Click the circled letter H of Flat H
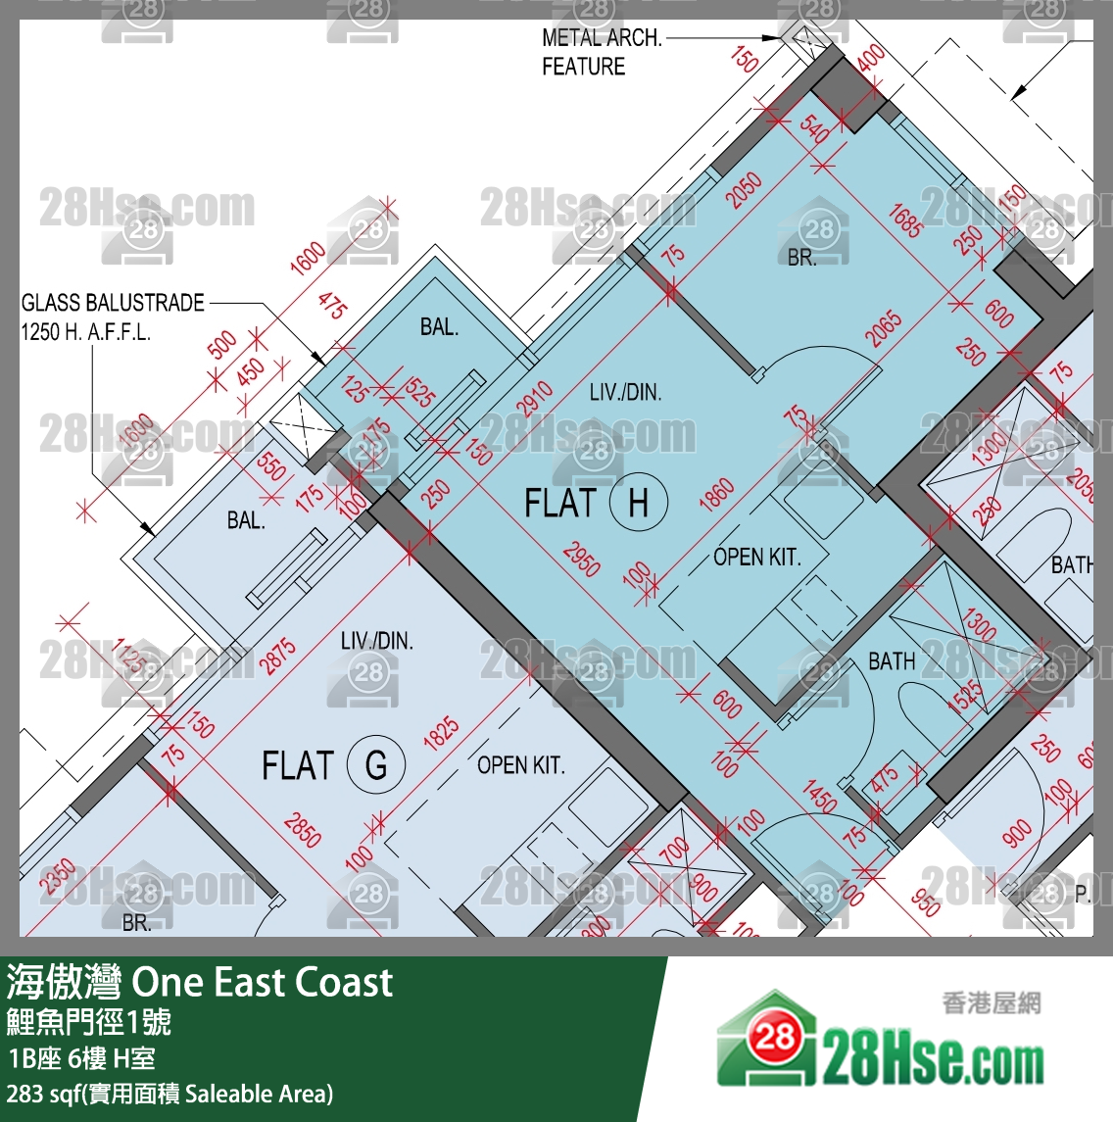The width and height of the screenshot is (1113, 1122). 638,504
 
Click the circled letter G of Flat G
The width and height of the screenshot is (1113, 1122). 376,764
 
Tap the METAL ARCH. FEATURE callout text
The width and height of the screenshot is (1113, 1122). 602,52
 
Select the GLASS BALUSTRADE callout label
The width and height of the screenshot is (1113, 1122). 113,317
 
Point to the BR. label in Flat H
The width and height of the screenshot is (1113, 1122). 801,258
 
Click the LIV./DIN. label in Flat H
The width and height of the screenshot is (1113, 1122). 625,393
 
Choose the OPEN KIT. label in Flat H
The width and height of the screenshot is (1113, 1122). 756,558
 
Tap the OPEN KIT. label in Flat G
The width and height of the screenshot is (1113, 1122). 520,765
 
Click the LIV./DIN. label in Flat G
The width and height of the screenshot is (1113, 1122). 376,642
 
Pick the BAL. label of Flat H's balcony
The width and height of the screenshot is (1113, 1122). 439,327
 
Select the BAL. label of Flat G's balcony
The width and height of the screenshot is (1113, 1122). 246,520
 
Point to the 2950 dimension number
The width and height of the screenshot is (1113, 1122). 582,559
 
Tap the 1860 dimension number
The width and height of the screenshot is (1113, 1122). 716,494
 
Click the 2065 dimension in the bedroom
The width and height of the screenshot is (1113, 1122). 883,329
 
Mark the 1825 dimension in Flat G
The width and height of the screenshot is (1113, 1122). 441,734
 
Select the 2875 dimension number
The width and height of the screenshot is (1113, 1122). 278,656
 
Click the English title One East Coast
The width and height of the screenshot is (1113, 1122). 263,982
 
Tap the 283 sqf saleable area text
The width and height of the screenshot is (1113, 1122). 169,1094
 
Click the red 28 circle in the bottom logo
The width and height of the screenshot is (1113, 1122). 773,1036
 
